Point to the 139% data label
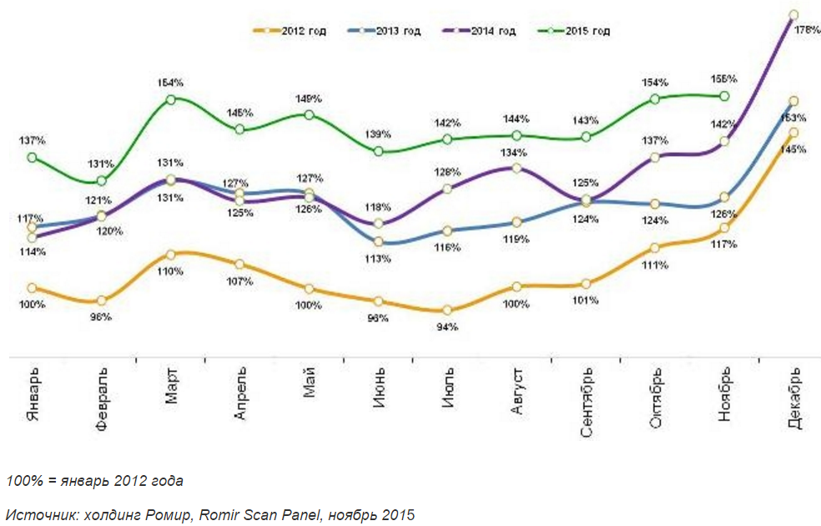tap(379, 135)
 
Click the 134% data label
tap(515, 153)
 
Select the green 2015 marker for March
tap(170, 99)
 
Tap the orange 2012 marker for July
tap(447, 311)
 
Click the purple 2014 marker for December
tap(793, 15)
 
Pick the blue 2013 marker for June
tap(379, 242)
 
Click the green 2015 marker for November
tap(724, 96)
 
